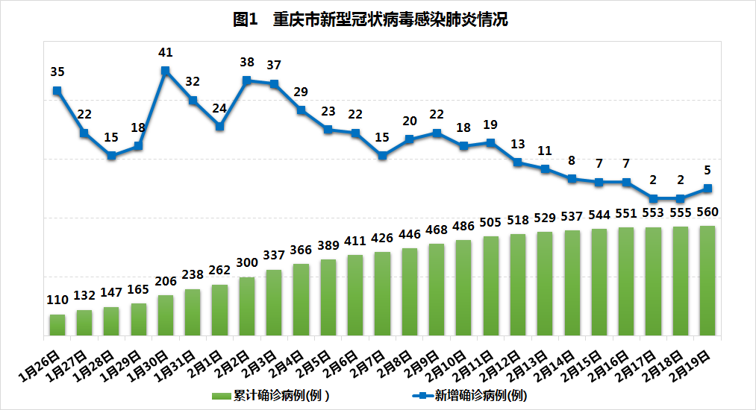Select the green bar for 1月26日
(57, 324)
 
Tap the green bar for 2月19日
(707, 280)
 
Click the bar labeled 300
(247, 306)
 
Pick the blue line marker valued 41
(166, 71)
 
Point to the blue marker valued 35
(57, 91)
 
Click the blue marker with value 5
(707, 188)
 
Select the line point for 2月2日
(247, 81)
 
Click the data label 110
(57, 300)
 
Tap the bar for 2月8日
(410, 291)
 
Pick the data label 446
(410, 234)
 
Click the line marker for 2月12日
(518, 162)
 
